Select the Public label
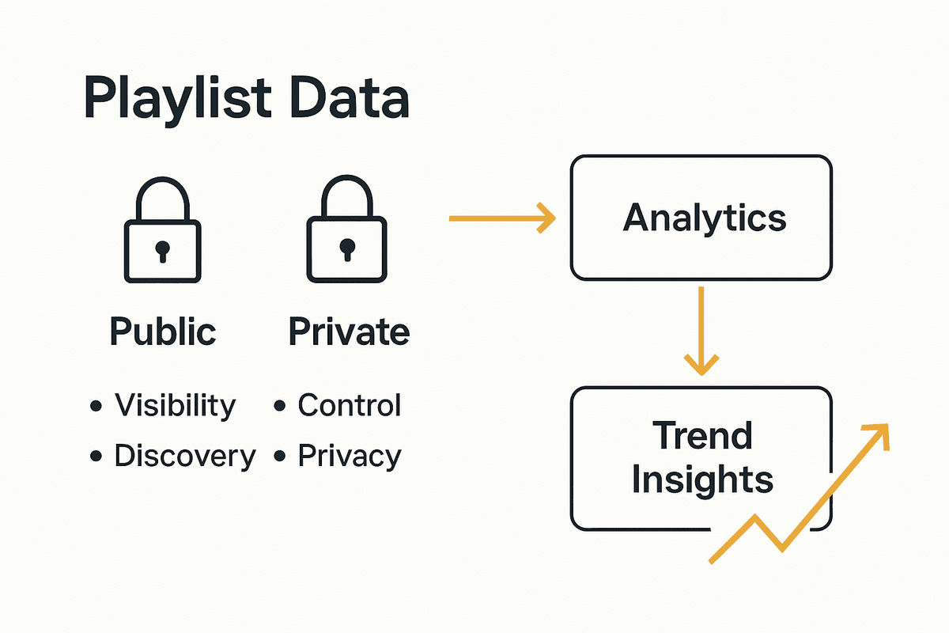(162, 332)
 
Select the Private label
(349, 332)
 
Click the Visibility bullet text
(175, 406)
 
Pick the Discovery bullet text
(185, 456)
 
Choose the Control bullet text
(350, 405)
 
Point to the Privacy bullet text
(350, 457)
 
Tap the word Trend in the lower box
(702, 435)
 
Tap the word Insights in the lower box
(702, 479)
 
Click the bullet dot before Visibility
(96, 407)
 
